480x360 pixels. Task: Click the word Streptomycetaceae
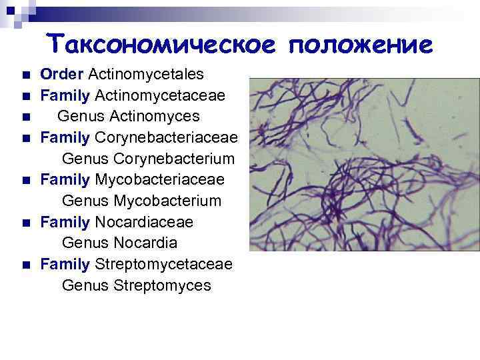(164, 265)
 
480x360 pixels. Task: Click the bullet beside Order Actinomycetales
(26, 75)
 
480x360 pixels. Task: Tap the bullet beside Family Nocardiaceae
(26, 223)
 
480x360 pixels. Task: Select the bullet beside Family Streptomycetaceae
(26, 265)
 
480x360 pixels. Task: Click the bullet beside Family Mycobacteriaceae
(26, 181)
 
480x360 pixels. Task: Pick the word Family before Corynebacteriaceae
(65, 138)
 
